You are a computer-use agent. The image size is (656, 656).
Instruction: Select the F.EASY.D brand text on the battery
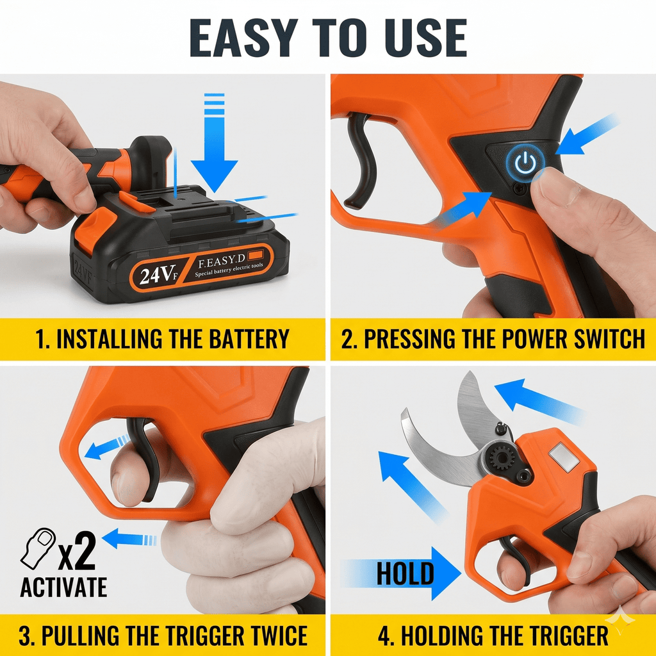221,261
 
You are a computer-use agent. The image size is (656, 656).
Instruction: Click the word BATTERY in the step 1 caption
249,339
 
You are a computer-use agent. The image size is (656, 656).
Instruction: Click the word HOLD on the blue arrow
405,573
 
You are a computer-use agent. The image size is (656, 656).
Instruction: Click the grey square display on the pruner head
564,457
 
